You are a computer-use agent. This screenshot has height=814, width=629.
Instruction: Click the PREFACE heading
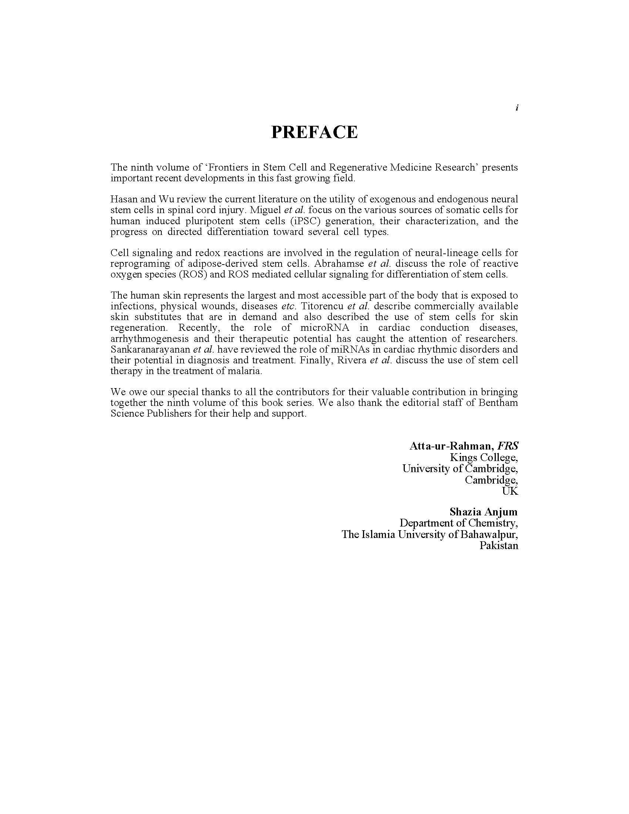click(x=314, y=132)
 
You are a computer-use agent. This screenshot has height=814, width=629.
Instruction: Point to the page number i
click(x=517, y=108)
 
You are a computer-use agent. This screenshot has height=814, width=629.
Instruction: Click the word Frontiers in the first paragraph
click(x=227, y=167)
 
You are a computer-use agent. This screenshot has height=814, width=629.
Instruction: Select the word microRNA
click(x=324, y=327)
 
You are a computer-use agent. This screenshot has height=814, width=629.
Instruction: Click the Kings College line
click(x=484, y=457)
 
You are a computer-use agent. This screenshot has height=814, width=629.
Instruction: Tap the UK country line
click(x=510, y=491)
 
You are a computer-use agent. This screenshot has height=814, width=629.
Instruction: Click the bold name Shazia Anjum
click(x=483, y=512)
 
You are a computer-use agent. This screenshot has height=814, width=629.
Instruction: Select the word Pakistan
click(x=499, y=546)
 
